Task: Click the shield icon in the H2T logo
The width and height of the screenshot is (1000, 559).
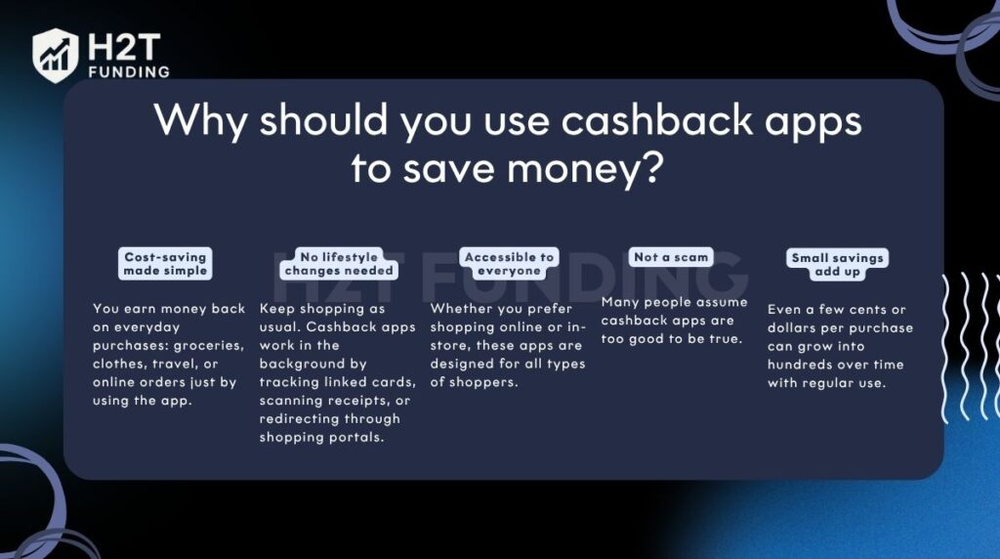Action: (57, 54)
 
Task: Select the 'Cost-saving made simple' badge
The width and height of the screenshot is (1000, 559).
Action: (165, 264)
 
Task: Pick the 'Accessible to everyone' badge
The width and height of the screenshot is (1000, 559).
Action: (509, 264)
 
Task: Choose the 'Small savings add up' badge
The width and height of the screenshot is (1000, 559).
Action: (837, 264)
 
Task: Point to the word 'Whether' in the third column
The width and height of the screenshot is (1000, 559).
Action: (462, 309)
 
